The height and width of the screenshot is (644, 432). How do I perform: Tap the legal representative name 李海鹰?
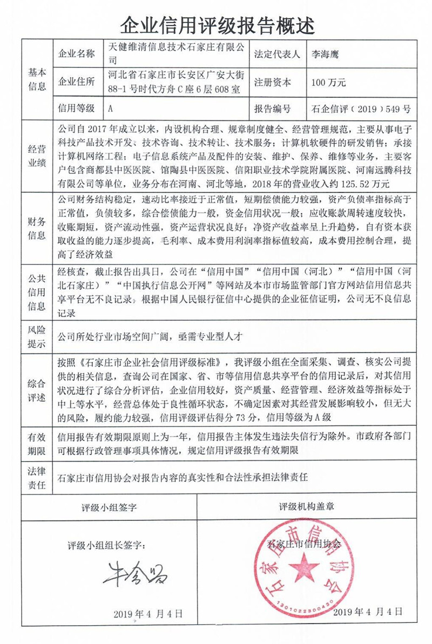click(x=324, y=54)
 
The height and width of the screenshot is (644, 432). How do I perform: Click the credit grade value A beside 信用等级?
click(x=110, y=109)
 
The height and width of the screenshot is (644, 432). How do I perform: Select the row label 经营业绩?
click(x=37, y=157)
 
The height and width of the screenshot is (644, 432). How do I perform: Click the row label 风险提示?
click(x=37, y=335)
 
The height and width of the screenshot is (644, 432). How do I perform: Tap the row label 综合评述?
click(x=37, y=390)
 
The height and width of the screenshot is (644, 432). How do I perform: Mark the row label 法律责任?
click(x=37, y=477)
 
